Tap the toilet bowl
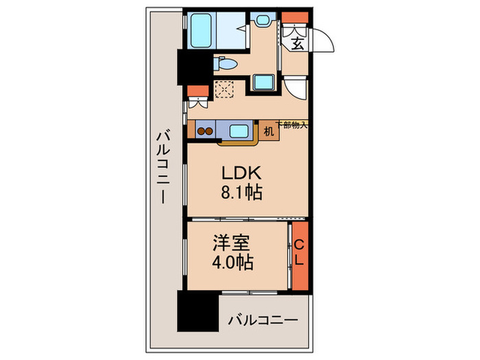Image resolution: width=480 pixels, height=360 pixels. click(x=225, y=65)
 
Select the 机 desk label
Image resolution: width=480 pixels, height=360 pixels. click(x=269, y=130)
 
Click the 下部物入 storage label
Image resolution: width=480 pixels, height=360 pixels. click(x=292, y=125)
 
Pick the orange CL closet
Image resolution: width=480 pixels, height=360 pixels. click(x=299, y=256)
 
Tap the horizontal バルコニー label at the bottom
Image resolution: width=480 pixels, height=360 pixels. click(x=263, y=320)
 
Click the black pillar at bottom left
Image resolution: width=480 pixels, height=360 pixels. click(x=197, y=313)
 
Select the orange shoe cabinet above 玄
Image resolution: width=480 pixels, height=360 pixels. click(x=296, y=18)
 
